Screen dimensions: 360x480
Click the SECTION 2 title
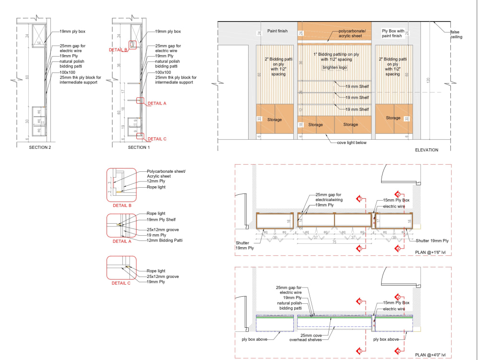[x=40, y=147]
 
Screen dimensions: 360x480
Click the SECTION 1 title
[x=139, y=147]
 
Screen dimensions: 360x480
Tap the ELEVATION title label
[x=426, y=150]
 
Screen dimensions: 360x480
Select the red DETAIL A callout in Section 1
[x=156, y=103]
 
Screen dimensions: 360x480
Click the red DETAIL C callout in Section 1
[x=156, y=139]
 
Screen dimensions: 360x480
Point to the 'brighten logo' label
[x=335, y=68]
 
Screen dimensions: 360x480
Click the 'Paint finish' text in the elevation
[x=277, y=31]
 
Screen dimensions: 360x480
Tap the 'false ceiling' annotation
[x=456, y=34]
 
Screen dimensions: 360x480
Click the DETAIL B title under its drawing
[x=121, y=205]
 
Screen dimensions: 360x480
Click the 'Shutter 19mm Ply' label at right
[x=432, y=240]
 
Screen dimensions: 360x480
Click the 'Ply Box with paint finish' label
[x=392, y=34]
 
